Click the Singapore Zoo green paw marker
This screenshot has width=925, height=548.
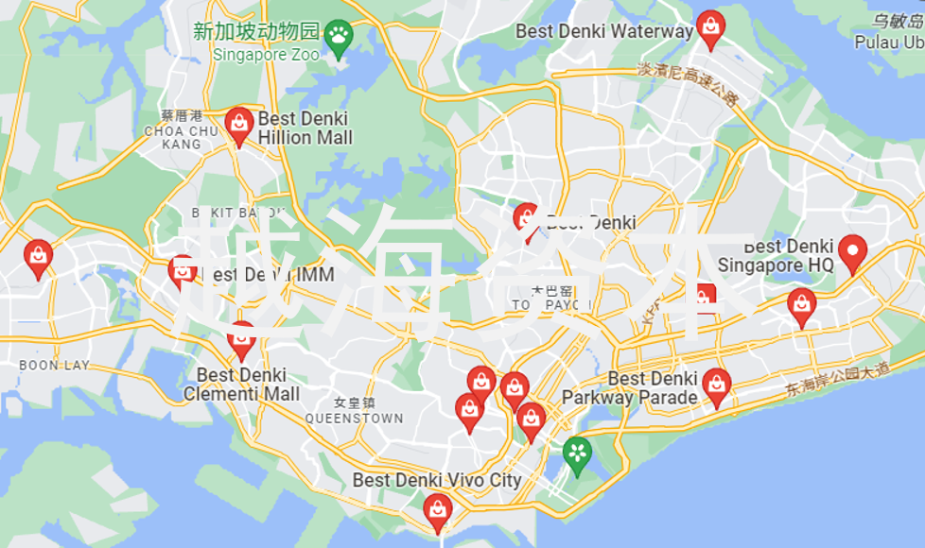coord(338,37)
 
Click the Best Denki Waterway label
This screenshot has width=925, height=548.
coord(603,31)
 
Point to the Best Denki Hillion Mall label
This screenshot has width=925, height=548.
coord(305,128)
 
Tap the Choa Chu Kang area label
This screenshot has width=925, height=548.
coord(182,130)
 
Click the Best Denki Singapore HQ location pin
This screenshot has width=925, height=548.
coord(853,251)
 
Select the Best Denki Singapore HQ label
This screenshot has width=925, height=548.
coord(776,256)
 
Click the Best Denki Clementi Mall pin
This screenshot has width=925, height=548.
coord(241,337)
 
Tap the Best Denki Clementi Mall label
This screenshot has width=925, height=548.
coord(241,385)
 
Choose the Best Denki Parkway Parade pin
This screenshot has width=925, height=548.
coord(716,385)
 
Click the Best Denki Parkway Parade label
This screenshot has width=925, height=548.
coord(630,388)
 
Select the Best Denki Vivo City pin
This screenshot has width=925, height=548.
coord(437,510)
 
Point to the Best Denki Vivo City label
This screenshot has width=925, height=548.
coord(437,480)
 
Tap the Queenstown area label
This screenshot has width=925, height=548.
coord(354,411)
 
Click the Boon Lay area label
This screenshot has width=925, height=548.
coord(41,365)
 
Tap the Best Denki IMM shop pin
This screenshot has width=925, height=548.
coord(182,271)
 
